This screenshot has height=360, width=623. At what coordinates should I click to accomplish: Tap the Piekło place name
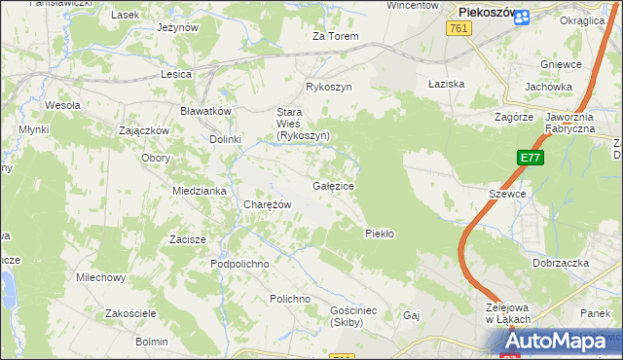pos(379,234)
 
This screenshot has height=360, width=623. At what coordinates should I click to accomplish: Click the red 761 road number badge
pos(460,30)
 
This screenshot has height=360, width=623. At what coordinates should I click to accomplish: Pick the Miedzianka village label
pos(199,191)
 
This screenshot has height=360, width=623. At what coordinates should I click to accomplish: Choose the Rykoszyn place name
pos(328,87)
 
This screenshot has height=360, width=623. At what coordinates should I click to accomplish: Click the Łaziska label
pos(447,84)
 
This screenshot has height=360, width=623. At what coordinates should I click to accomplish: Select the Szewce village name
pos(507,194)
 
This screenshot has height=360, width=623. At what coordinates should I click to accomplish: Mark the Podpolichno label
pos(239,264)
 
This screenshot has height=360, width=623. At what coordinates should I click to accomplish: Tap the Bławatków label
pos(205,111)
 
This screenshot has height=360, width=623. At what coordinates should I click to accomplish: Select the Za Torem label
pos(335,36)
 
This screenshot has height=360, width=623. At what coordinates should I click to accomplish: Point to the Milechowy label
pos(101,277)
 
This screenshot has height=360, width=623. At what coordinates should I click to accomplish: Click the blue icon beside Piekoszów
pos(522,16)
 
